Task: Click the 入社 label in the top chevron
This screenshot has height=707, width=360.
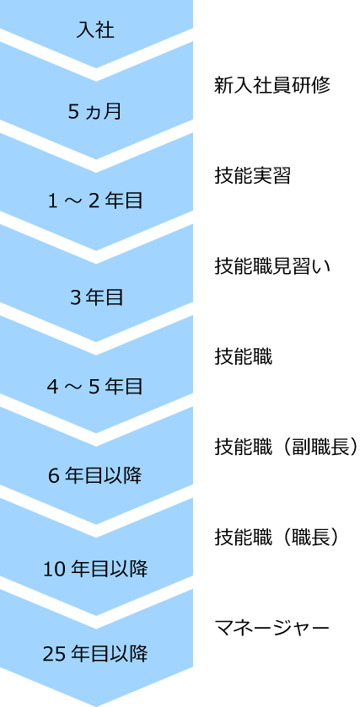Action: tap(95, 30)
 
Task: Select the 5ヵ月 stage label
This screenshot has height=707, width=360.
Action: tap(95, 111)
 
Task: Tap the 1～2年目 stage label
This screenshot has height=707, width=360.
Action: tap(95, 201)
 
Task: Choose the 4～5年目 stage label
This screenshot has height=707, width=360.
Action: tap(95, 387)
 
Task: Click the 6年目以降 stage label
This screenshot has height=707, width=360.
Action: tap(95, 476)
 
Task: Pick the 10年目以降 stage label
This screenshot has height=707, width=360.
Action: tap(95, 569)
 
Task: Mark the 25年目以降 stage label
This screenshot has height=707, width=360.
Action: tap(95, 653)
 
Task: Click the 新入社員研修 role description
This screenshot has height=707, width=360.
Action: tap(272, 85)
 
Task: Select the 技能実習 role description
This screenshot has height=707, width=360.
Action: tap(253, 176)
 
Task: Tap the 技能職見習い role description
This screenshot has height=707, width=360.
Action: tap(272, 267)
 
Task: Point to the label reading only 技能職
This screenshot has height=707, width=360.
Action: tap(243, 358)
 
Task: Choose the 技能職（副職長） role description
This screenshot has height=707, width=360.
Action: tap(286, 447)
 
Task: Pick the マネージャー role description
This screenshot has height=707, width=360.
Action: tap(272, 627)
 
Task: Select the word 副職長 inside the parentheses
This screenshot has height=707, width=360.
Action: tap(320, 447)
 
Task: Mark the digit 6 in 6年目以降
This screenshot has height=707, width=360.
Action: tap(54, 476)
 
